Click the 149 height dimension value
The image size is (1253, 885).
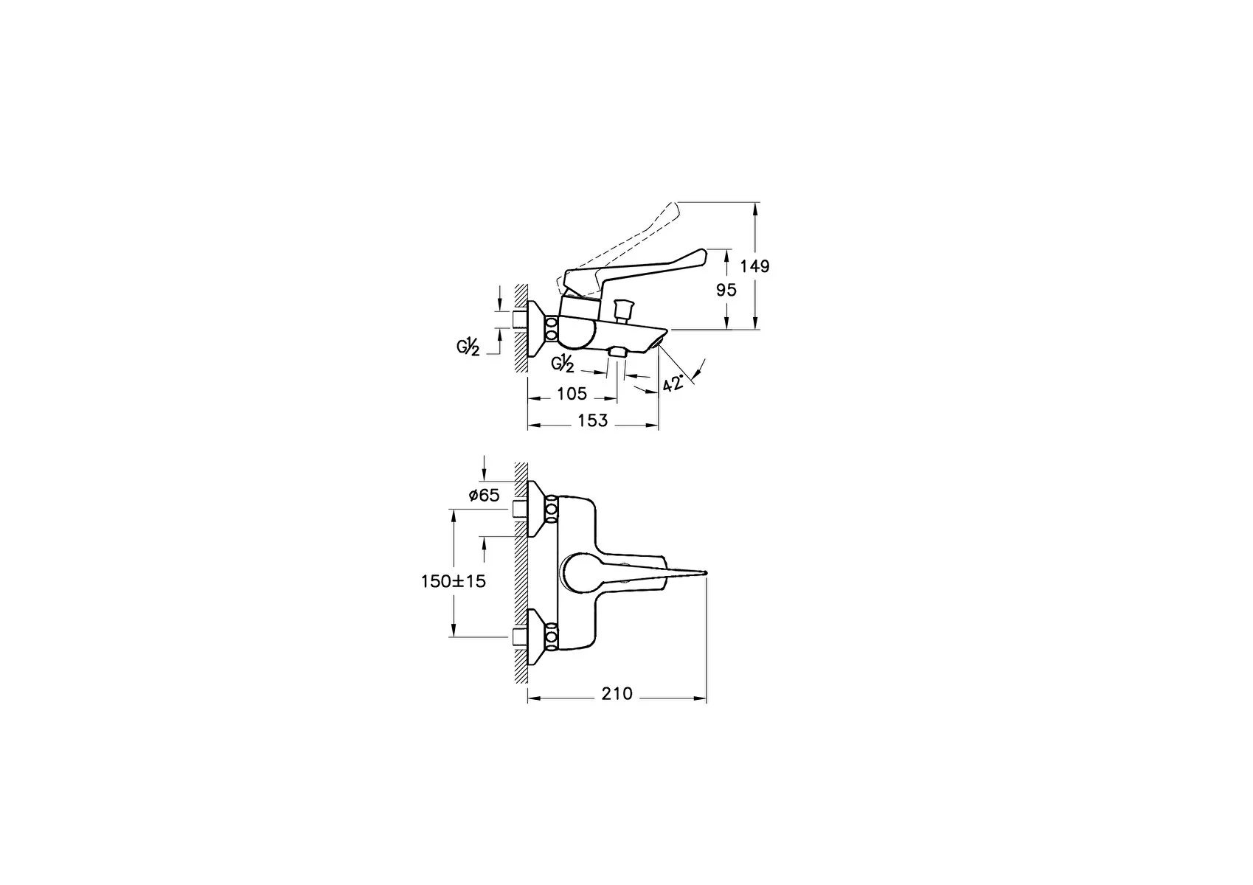coord(755,265)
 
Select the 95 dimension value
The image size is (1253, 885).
coord(726,290)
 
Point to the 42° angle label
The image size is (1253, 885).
coord(673,383)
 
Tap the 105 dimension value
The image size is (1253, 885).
coord(572,394)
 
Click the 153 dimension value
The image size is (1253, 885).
coord(592,420)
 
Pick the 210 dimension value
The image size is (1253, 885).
coord(617,694)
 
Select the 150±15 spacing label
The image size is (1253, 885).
coord(454,581)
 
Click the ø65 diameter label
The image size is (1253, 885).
coord(484,495)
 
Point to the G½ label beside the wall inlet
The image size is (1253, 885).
coord(468,348)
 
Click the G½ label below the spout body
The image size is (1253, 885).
coord(563,364)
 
